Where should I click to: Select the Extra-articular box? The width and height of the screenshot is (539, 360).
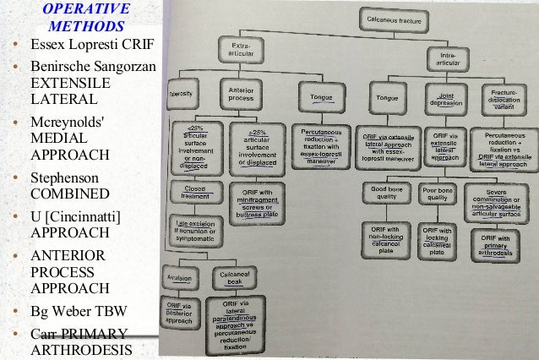[237, 48]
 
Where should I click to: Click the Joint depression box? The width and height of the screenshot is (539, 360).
[446, 99]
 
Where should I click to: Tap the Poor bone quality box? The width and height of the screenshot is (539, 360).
[443, 193]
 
